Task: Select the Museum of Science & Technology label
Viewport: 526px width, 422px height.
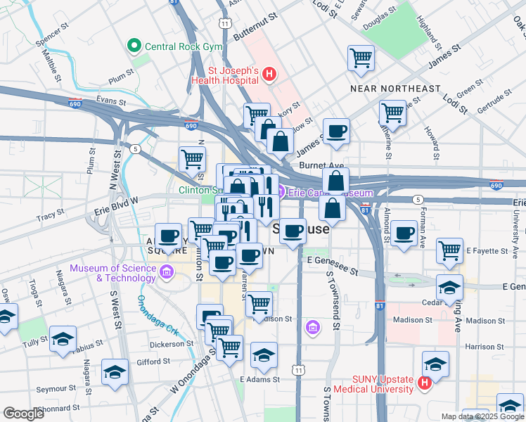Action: [113, 273]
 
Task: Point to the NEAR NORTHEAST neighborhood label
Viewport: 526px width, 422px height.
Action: [396, 89]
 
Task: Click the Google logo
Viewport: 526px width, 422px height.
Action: [23, 414]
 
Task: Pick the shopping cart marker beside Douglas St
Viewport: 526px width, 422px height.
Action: [361, 58]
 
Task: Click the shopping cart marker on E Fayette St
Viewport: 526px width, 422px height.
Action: [449, 250]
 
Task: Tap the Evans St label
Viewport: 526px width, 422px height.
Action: [110, 101]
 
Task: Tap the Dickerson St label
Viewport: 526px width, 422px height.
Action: [171, 345]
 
